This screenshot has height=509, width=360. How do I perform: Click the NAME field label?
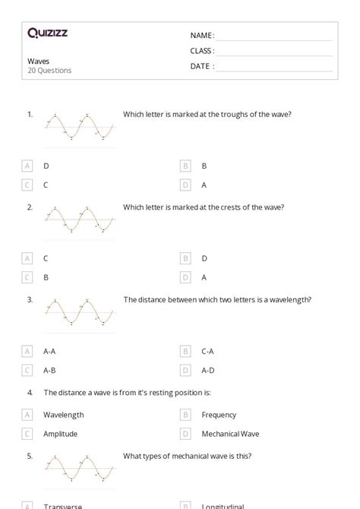click(x=201, y=35)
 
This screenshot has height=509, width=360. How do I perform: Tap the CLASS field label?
click(x=202, y=51)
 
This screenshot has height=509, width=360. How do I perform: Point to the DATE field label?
click(x=201, y=66)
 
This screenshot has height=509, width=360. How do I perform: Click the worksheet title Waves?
click(x=37, y=62)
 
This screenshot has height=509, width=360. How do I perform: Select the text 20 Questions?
click(x=49, y=71)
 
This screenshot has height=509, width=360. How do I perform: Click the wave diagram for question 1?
click(x=80, y=128)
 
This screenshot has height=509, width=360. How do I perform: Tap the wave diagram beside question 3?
click(x=80, y=312)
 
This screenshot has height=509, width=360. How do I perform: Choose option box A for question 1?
click(x=28, y=166)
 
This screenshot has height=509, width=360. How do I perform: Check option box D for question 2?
click(x=185, y=277)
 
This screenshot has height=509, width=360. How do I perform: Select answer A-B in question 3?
click(x=49, y=370)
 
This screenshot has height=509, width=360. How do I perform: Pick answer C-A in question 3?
click(x=207, y=351)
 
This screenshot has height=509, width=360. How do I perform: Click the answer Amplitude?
click(x=60, y=434)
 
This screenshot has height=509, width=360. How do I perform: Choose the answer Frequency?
click(x=219, y=415)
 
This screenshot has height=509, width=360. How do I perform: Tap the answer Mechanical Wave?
click(x=230, y=434)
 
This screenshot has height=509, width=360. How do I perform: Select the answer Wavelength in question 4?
click(x=63, y=415)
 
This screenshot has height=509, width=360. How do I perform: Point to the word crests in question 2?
click(x=227, y=207)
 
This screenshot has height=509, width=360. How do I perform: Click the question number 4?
click(x=30, y=392)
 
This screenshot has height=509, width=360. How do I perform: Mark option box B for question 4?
click(x=185, y=415)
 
